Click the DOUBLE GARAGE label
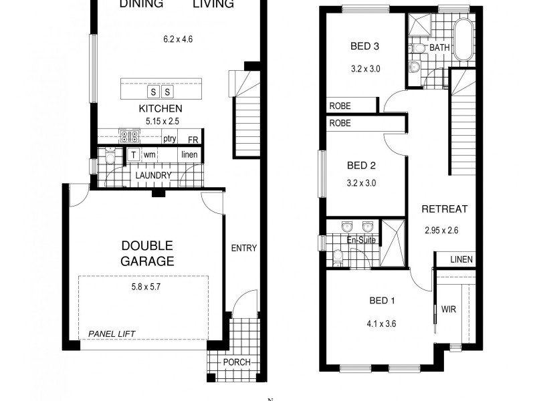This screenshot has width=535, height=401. [146, 253]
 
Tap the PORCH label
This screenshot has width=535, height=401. [237, 363]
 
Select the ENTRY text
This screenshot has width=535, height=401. [243, 248]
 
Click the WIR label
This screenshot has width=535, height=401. [447, 309]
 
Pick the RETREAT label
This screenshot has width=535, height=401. [444, 209]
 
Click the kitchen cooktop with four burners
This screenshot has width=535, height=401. [128, 136]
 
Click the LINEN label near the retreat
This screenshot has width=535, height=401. [461, 259]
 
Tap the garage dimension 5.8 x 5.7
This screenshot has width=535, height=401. [146, 288]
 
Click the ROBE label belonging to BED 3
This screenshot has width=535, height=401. [340, 106]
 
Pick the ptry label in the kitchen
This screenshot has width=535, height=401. [169, 139]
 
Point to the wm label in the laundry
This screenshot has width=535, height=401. [150, 155]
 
